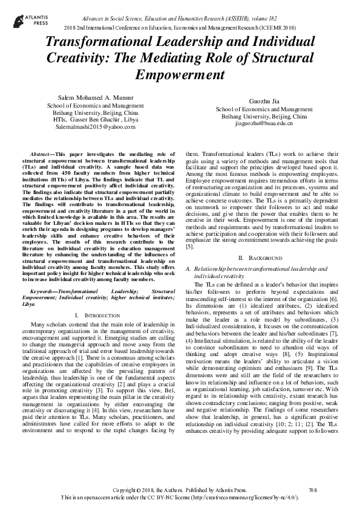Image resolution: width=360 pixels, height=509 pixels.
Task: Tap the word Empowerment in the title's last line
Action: coord(180,76)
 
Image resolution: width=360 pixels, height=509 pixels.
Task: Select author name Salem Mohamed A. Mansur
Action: coord(95,97)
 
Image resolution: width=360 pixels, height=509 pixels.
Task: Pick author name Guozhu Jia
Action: coord(264,100)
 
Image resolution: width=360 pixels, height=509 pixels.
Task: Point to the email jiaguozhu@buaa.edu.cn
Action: coord(264,123)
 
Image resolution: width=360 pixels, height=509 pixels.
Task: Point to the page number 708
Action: coord(313,488)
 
